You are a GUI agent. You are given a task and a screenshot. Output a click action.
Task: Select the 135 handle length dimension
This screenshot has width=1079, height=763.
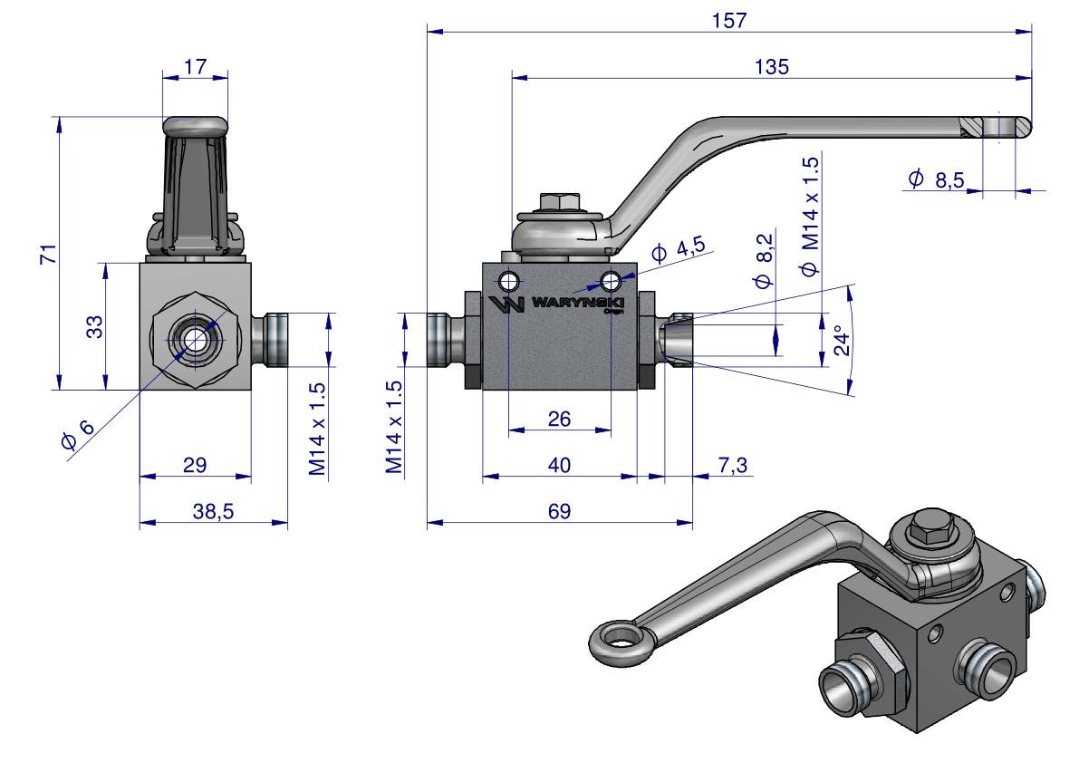(771, 67)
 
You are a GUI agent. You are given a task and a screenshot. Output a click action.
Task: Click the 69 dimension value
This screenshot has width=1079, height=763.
(559, 511)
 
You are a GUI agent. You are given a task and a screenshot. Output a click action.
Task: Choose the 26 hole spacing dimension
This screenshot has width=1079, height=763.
(559, 418)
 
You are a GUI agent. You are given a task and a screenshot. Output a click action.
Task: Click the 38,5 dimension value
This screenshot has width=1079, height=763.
(215, 511)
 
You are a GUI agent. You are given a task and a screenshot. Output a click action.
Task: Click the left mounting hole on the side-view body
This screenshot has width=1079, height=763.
(509, 278)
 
